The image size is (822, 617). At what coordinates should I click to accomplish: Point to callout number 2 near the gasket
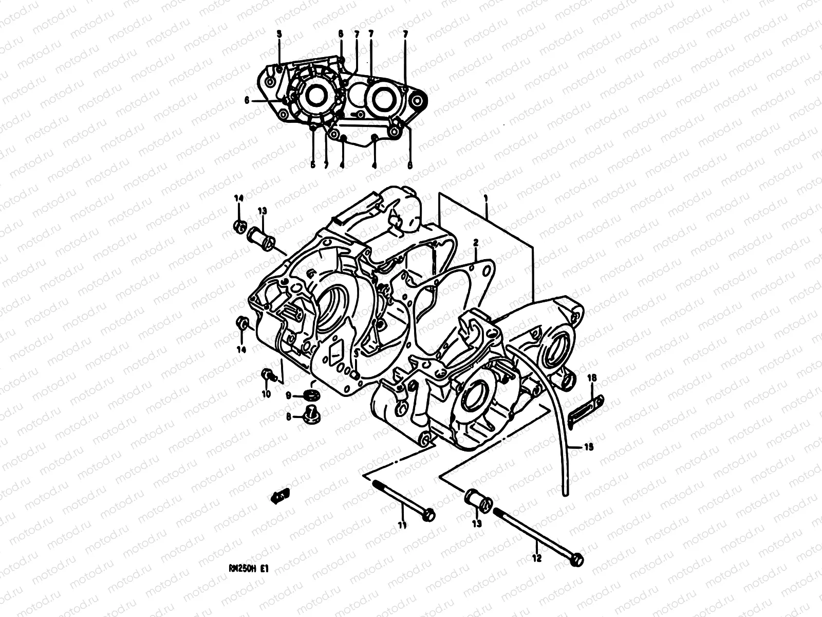[x=476, y=242]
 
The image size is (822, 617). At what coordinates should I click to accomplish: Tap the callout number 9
[x=289, y=395]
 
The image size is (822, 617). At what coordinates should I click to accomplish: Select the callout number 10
[x=266, y=394]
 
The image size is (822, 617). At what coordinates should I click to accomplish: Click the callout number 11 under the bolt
[x=402, y=525]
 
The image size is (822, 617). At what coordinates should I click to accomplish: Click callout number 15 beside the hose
[x=589, y=447]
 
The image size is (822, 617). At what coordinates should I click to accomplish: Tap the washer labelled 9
[x=311, y=394]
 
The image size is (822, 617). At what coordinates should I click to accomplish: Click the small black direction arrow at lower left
[x=281, y=495]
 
